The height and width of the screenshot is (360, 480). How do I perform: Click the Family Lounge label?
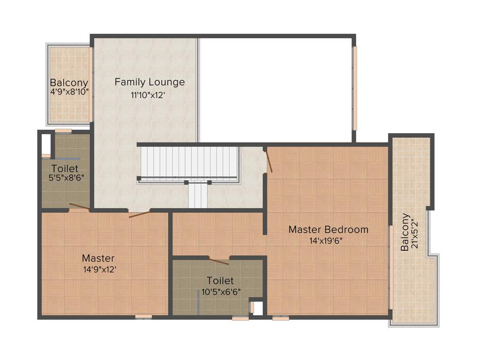click(150, 82)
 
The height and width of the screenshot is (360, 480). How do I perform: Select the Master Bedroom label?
click(328, 230)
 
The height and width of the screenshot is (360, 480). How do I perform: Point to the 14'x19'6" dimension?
click(328, 241)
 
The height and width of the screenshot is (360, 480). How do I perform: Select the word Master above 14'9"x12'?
click(98, 258)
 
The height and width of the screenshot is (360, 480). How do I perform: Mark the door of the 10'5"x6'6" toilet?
click(218, 261)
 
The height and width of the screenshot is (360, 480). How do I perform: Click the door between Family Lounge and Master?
click(140, 215)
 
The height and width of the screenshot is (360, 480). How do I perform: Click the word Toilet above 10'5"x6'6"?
click(220, 281)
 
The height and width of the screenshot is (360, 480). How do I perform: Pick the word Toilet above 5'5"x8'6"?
click(65, 168)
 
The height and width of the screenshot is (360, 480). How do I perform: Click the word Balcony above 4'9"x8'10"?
click(69, 82)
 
